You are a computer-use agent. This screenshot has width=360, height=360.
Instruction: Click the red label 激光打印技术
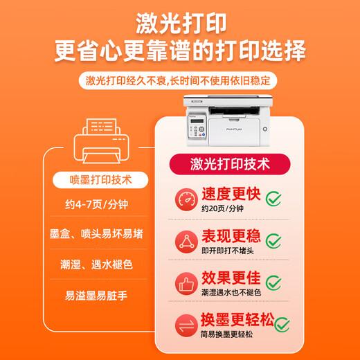231,164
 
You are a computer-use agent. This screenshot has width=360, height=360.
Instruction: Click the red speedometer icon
185,198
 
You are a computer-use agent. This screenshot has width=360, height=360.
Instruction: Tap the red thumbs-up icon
185,282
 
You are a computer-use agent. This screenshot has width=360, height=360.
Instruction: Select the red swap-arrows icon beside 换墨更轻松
185,325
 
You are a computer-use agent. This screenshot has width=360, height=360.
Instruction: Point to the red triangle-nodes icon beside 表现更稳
185,240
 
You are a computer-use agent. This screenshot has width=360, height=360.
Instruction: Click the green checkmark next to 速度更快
274,199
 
